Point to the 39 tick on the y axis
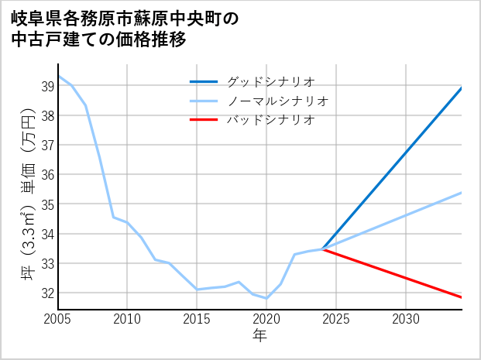tap(46, 86)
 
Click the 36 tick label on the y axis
tap(46, 175)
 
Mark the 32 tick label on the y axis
tap(46, 293)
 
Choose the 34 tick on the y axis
tap(46, 234)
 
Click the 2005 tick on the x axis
tap(58, 319)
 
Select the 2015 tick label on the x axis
tap(197, 319)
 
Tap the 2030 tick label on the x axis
tap(406, 319)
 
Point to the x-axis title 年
tap(260, 336)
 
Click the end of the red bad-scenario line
tap(462, 297)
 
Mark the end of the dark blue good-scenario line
tap(462, 87)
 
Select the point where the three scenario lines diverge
tap(323, 249)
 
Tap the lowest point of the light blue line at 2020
tap(266, 298)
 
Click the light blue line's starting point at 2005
tap(58, 76)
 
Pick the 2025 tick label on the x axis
tap(336, 319)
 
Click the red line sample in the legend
tap(204, 120)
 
